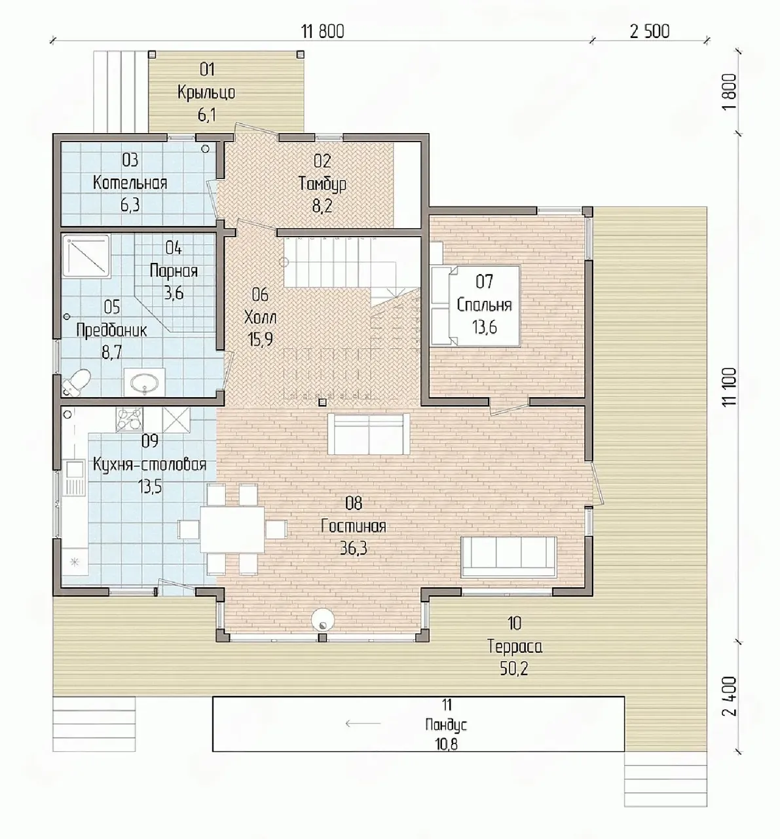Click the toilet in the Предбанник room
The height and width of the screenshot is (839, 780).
[x=77, y=382]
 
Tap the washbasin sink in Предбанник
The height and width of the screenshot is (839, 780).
[x=145, y=382]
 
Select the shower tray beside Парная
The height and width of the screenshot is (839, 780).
[x=86, y=256]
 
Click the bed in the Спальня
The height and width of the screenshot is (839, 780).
[x=475, y=306]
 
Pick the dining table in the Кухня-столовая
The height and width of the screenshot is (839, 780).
[x=232, y=529]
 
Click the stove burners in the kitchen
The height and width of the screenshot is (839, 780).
[x=129, y=419]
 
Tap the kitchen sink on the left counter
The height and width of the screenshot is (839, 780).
[x=75, y=478]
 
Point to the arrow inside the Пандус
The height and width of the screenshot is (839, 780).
[x=363, y=723]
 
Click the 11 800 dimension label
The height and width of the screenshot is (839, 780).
[x=323, y=31]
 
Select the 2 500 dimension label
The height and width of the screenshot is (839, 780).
[x=650, y=31]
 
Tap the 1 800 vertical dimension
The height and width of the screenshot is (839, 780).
[x=730, y=92]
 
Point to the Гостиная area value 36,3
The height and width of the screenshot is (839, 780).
[x=354, y=549]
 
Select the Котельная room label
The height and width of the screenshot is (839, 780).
[x=130, y=182]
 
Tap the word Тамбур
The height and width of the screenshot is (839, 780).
[x=322, y=184]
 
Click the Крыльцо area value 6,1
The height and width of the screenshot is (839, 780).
[x=207, y=115]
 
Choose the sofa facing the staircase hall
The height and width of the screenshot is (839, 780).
[x=369, y=433]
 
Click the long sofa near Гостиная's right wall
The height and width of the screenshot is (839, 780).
[x=509, y=556]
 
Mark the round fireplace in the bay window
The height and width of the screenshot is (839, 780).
[x=323, y=620]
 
